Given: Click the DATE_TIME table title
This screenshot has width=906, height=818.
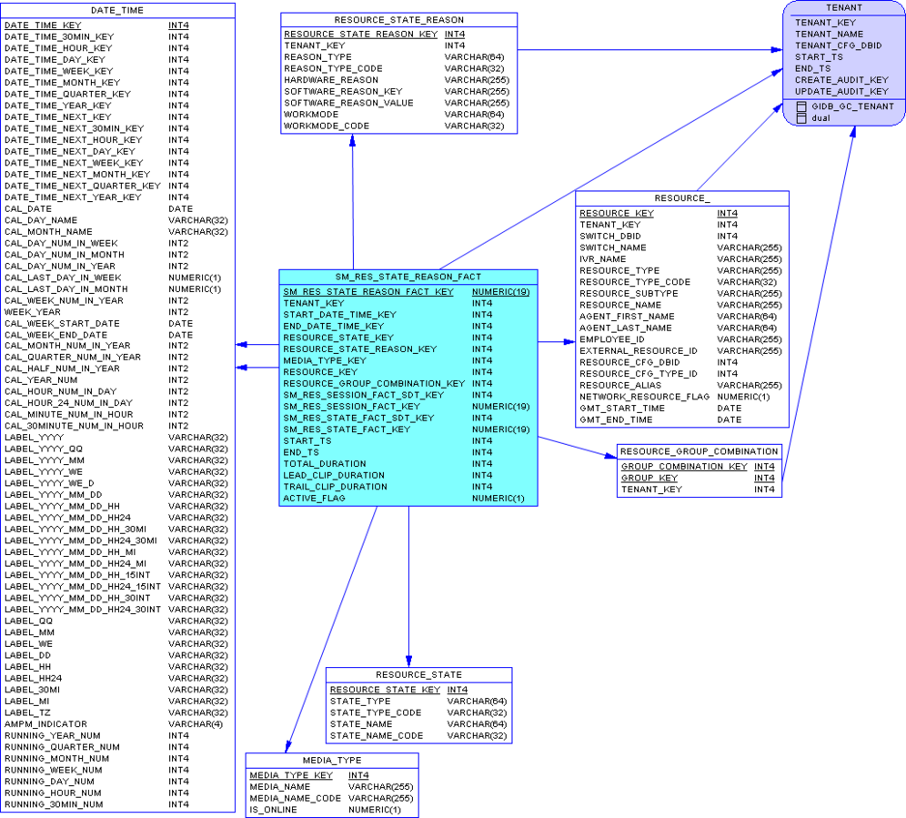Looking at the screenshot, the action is coord(117,10).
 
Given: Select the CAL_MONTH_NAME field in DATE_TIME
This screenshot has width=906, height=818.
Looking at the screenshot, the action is coord(48,232).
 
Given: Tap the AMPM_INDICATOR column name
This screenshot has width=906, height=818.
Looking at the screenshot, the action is coord(45,723).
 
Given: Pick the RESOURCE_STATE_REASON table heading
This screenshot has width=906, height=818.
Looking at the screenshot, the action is coord(398,20).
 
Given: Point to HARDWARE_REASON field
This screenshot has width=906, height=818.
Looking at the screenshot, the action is coord(331,80).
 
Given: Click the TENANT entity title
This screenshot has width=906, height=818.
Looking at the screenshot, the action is coord(843,7).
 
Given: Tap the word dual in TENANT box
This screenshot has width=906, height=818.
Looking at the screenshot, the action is coord(820,118).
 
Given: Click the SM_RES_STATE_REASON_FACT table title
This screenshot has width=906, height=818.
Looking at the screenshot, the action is coord(408,277).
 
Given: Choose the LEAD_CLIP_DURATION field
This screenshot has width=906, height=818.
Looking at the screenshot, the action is coord(334,475).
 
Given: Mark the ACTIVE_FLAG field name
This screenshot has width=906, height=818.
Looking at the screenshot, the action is coord(314,499).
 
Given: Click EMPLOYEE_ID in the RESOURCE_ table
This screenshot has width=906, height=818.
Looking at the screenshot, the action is coord(612,339).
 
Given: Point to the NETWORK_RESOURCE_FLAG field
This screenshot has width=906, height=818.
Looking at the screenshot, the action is coord(644,397).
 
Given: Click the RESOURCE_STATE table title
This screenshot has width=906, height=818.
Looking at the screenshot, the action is coord(419,674).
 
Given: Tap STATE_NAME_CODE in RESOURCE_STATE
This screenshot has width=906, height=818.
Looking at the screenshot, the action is coord(377,735).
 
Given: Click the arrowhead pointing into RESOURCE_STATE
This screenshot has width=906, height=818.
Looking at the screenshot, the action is coord(408,661).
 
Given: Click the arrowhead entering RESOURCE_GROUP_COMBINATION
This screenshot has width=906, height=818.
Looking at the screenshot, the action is coord(610,456).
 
